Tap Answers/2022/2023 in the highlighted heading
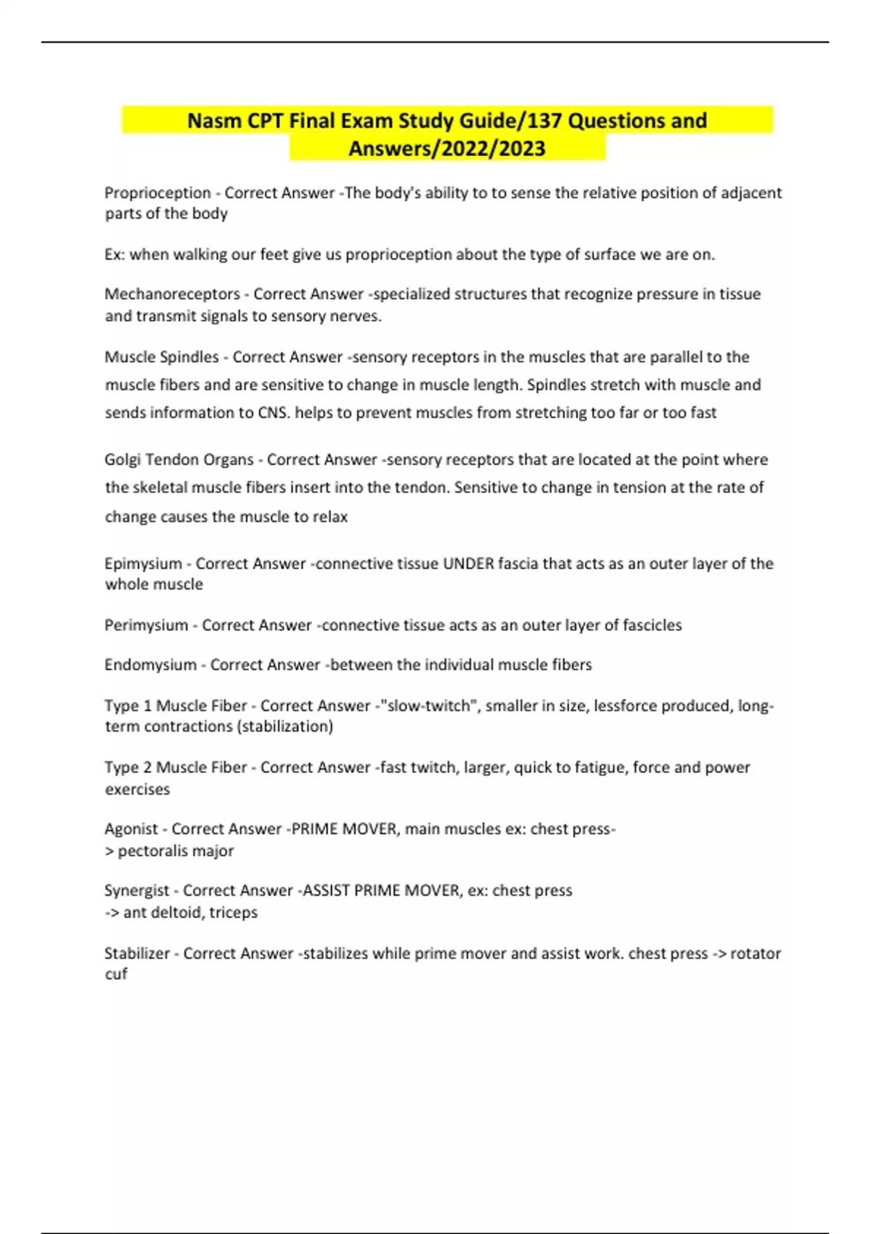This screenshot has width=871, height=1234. (447, 149)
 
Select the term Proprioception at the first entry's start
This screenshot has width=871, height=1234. (158, 193)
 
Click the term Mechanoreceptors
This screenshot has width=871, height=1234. (172, 294)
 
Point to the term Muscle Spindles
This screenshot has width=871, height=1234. (161, 357)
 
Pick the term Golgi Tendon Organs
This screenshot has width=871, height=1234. (179, 459)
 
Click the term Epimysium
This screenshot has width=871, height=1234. (143, 564)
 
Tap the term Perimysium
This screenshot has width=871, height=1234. (146, 625)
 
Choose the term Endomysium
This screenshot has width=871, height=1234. (150, 665)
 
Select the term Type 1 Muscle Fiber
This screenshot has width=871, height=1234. (176, 706)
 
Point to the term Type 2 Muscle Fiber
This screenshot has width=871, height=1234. (176, 767)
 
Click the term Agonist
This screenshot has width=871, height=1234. (131, 829)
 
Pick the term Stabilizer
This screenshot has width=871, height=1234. (136, 953)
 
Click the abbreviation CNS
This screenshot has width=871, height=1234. (273, 413)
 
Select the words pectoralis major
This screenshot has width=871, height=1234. (176, 851)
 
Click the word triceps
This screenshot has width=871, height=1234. (233, 912)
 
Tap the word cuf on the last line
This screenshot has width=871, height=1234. (116, 974)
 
